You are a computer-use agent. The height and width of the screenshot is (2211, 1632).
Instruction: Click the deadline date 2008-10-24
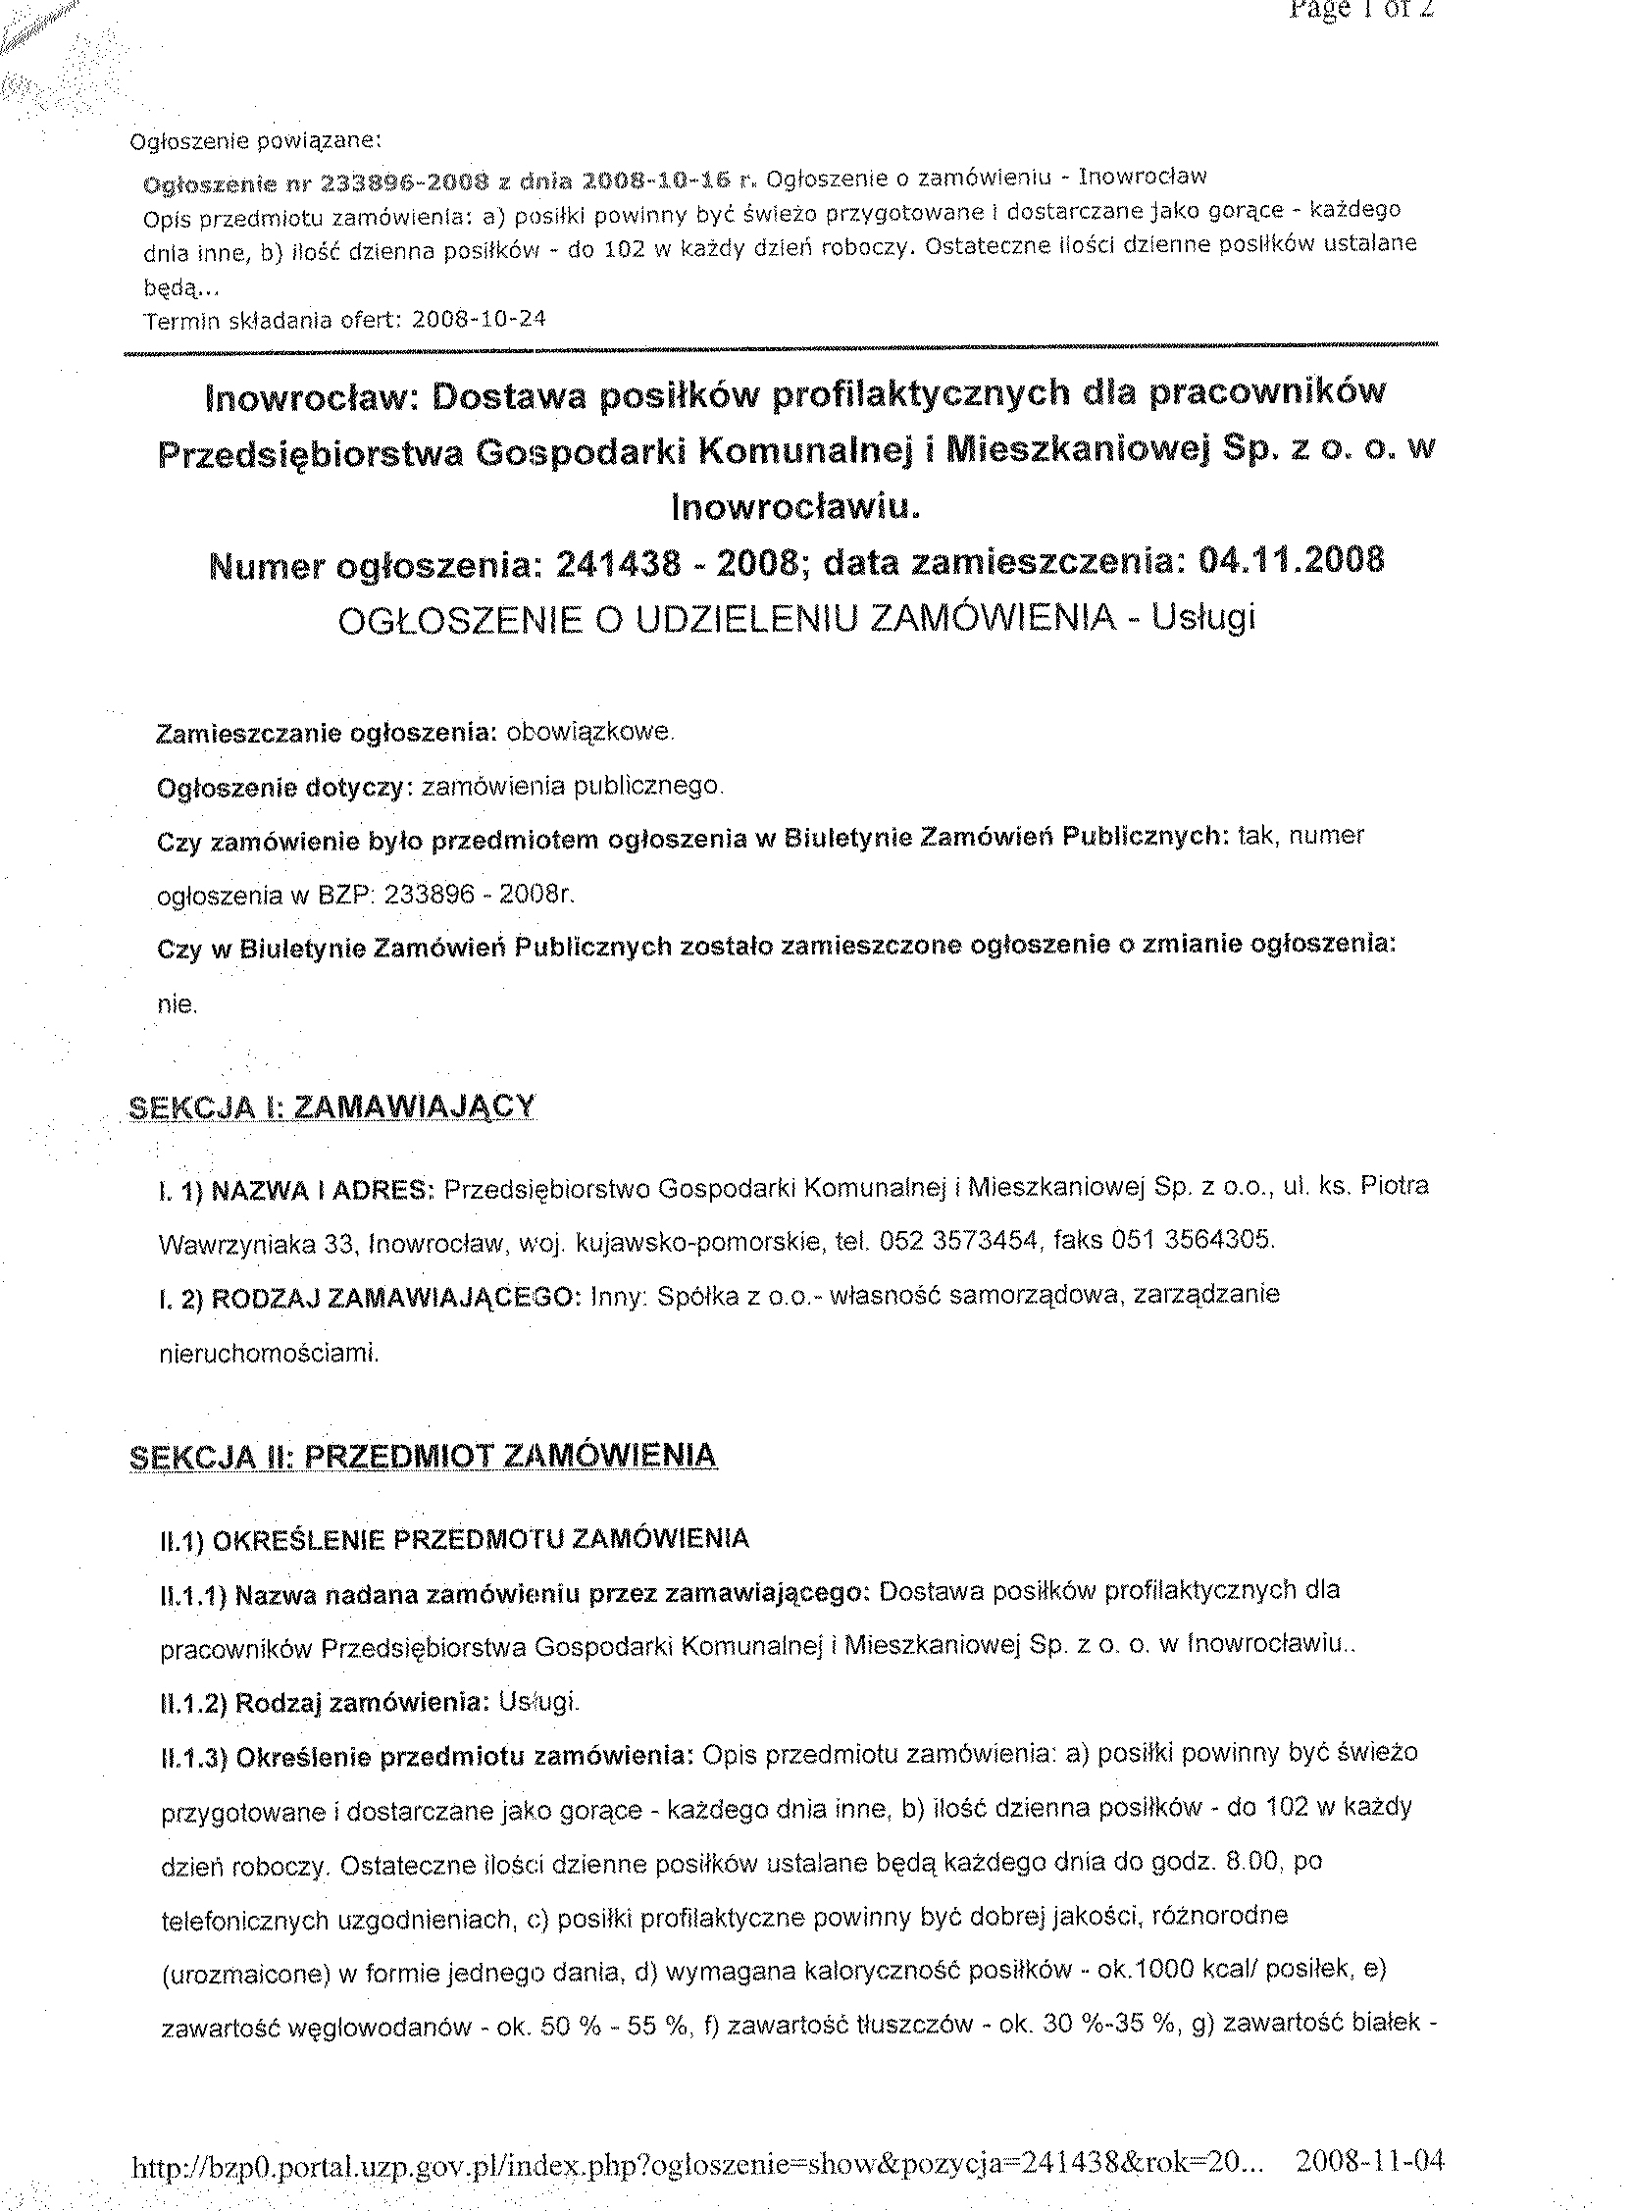point(479,319)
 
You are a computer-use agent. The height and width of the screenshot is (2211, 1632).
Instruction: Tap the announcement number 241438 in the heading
point(619,564)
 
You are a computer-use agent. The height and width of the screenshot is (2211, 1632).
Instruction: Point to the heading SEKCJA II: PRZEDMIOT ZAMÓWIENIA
point(423,1456)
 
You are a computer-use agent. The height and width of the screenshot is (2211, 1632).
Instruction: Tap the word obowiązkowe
point(589,732)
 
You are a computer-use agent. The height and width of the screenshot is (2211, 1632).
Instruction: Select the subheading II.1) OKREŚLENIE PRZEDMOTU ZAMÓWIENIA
point(454,1539)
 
